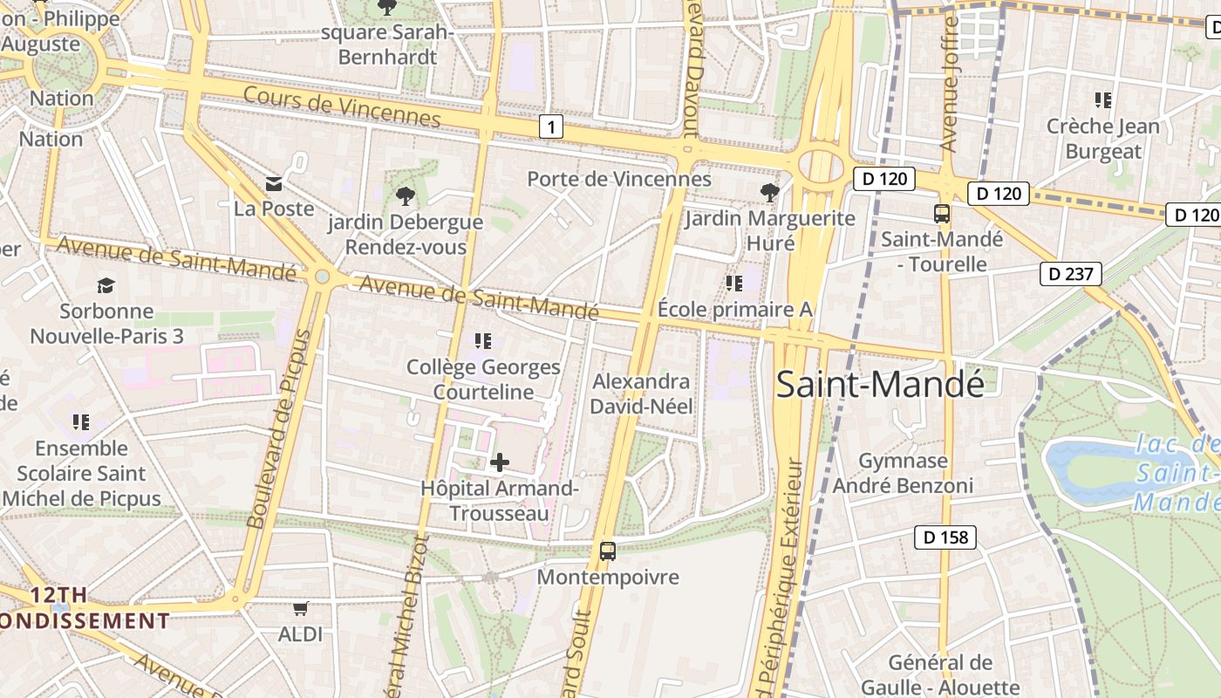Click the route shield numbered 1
[550, 127]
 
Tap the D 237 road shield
[1070, 274]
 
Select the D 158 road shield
[945, 537]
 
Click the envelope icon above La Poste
[274, 183]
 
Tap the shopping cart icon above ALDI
[300, 608]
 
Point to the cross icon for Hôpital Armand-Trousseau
[500, 462]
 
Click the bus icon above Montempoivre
[608, 551]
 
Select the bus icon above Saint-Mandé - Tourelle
[942, 213]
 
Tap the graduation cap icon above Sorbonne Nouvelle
[106, 285]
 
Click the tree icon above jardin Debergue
[405, 195]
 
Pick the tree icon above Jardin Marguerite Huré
[768, 192]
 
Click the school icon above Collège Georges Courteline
[482, 340]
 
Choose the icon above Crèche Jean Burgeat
[1103, 100]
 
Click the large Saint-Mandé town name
[879, 384]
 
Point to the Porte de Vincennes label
[619, 179]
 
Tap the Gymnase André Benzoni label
[903, 473]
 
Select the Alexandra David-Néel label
[642, 393]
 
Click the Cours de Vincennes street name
[342, 106]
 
